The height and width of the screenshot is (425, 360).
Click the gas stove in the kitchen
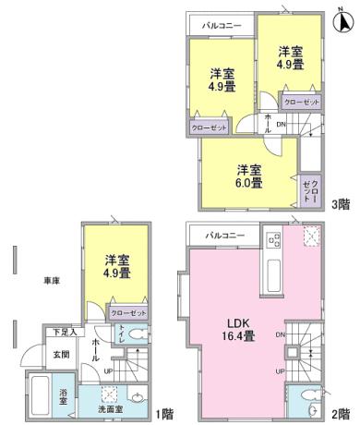click(273, 241)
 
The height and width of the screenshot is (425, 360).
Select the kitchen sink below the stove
click(273, 275)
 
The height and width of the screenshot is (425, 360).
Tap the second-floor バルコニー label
click(225, 236)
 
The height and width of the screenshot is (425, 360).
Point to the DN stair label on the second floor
click(280, 334)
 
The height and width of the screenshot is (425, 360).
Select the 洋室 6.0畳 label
click(246, 176)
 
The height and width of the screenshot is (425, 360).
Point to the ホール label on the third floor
click(268, 122)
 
